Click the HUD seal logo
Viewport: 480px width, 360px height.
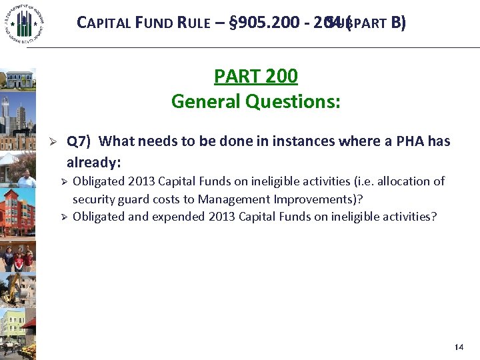pos(23,23)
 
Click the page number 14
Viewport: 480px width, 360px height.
pos(458,347)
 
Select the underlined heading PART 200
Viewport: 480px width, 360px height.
pos(255,76)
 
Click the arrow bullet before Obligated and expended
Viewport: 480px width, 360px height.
pos(65,217)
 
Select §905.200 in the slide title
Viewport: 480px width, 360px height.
pos(259,23)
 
